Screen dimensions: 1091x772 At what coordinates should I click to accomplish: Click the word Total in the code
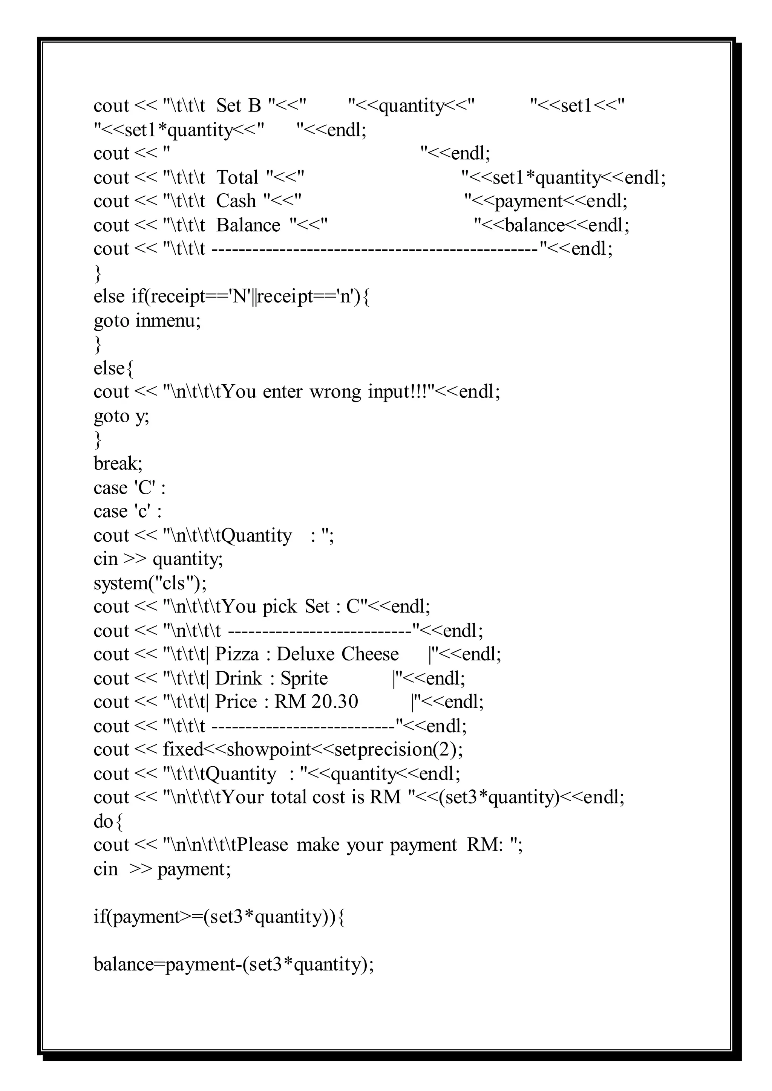(x=237, y=178)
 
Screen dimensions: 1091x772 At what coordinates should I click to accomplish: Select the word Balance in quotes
(x=248, y=225)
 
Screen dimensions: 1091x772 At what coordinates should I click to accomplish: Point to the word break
(x=116, y=463)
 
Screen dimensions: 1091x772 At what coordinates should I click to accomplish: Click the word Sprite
(x=304, y=678)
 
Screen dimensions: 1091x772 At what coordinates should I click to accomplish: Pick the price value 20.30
(x=334, y=702)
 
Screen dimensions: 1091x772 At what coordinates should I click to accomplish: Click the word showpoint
(x=269, y=749)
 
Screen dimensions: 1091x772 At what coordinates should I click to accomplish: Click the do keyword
(x=103, y=821)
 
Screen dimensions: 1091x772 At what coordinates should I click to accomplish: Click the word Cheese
(x=370, y=654)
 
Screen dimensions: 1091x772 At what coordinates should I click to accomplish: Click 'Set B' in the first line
(x=239, y=106)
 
